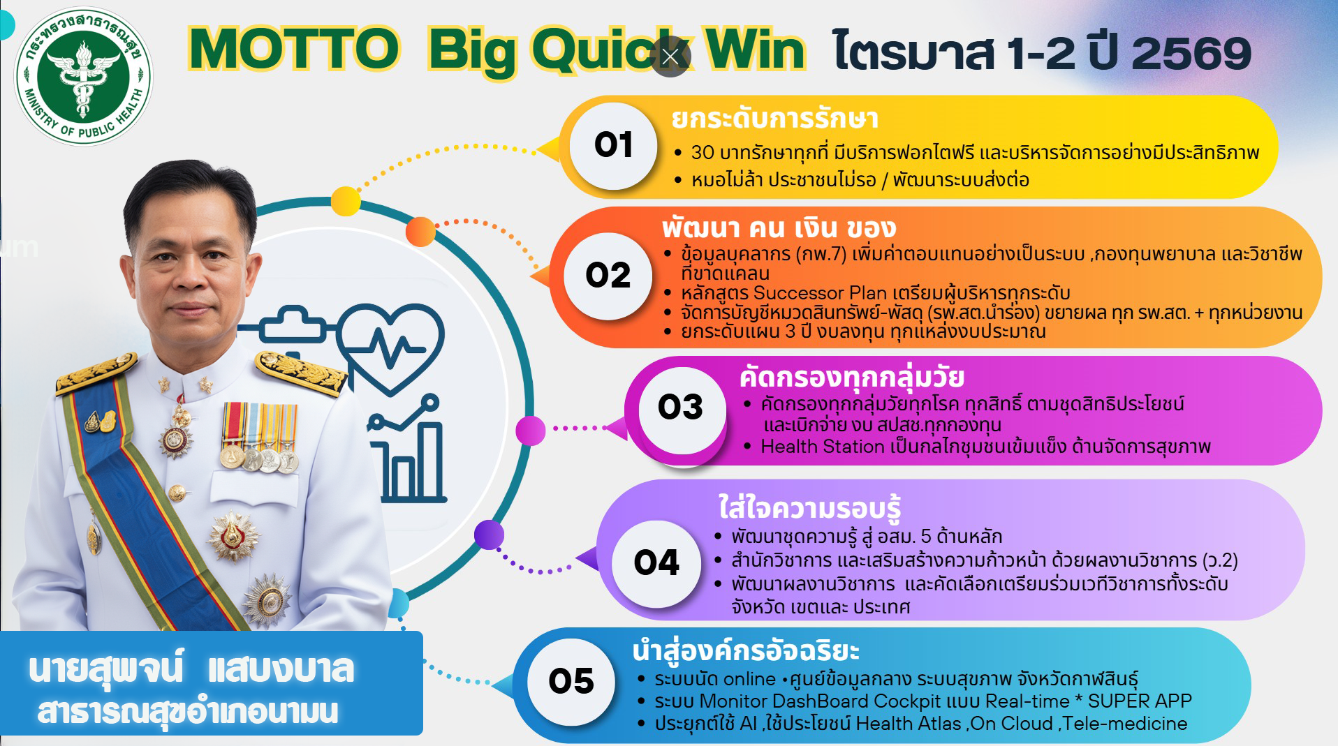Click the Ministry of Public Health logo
point(83,77)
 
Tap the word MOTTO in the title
point(294,50)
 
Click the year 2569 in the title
point(1191,53)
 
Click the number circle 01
point(613,145)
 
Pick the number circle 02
point(608,276)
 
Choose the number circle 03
point(681,408)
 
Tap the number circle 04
point(656,563)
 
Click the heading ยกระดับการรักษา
point(774,119)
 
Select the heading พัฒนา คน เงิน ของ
point(779,228)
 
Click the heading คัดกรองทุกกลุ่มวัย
point(852,378)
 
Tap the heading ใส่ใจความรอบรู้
point(810,508)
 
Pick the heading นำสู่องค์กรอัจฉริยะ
point(746,651)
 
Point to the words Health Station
point(823,447)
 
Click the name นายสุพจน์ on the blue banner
point(106,670)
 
